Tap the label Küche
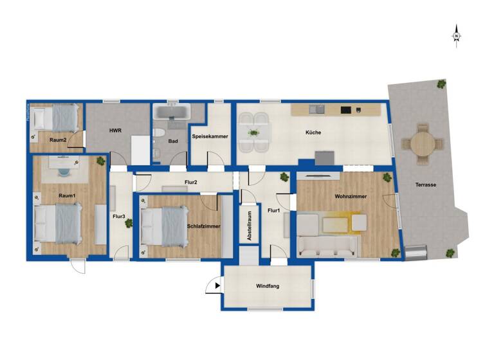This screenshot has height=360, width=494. [x=313, y=133]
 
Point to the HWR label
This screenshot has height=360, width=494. [x=115, y=130]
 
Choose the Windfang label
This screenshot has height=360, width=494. [x=267, y=285]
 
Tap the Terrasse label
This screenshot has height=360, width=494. [x=426, y=185]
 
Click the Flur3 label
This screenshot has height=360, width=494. [x=118, y=217]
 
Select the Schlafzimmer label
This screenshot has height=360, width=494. [x=204, y=226]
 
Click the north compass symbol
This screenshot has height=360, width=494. [x=456, y=35]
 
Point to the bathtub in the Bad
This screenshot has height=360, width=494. [x=172, y=113]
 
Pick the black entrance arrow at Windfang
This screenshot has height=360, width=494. [x=218, y=285]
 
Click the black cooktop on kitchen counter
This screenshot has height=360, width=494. [x=346, y=110]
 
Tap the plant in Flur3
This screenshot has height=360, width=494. [x=129, y=223]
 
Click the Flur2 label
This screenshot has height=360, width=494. [x=190, y=183]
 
